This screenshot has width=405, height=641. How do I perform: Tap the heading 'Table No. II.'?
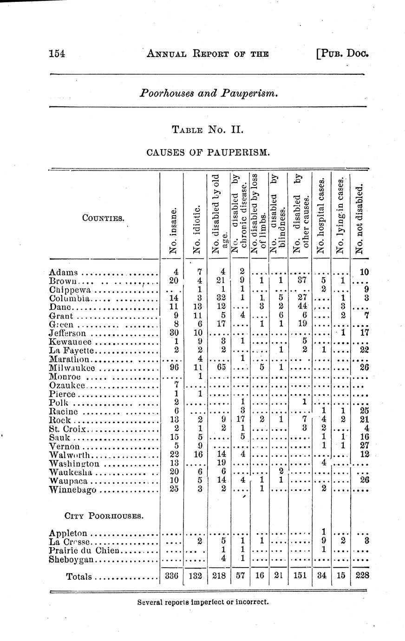208,129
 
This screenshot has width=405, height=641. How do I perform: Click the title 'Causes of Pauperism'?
208,152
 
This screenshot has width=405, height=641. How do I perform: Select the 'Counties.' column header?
103,217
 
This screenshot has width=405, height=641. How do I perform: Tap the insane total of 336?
172,577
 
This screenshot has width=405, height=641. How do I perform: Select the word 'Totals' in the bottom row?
79,577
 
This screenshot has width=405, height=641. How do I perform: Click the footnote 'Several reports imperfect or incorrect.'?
203,602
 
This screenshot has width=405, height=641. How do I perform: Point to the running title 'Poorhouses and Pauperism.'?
209,93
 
